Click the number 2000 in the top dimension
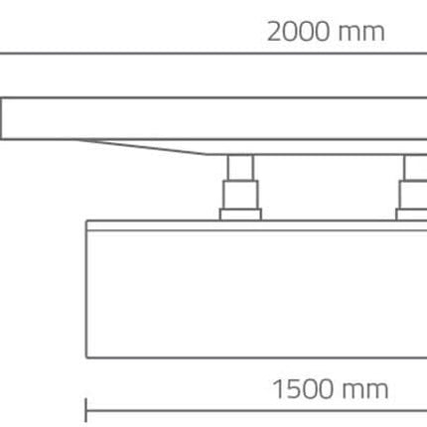click(x=298, y=32)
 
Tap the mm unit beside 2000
click(x=361, y=34)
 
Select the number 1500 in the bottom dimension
click(x=303, y=389)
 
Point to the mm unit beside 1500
click(x=364, y=391)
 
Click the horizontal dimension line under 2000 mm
click(x=213, y=53)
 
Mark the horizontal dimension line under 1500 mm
click(x=256, y=411)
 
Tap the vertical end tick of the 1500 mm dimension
click(x=86, y=410)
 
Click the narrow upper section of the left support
click(x=240, y=168)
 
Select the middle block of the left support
click(x=240, y=195)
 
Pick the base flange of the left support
click(x=240, y=214)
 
